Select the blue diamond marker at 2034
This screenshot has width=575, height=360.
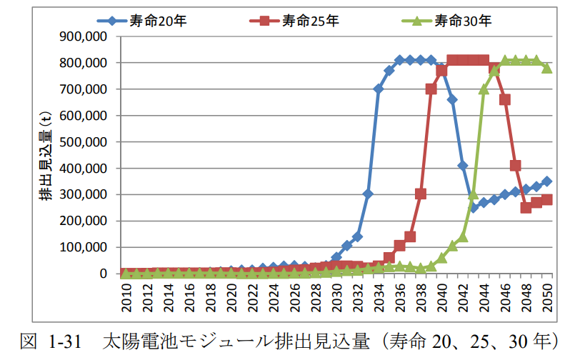379,89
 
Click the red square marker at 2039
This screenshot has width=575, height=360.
431,89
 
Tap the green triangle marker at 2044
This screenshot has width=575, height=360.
484,89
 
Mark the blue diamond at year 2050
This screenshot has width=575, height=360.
547,181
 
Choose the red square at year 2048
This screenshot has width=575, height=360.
526,208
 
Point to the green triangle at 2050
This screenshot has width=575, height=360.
547,68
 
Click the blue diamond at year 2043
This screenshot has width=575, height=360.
473,208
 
